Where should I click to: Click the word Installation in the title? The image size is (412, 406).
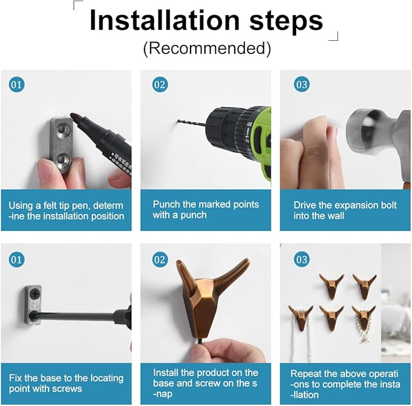coord(164,21)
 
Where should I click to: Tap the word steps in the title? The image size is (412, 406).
coord(286,22)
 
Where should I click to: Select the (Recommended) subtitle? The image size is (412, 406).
coord(207,48)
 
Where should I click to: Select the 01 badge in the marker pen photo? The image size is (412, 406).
coord(16,84)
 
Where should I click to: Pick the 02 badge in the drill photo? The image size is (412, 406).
coord(160,84)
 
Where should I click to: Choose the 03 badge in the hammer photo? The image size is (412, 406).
coord(302,84)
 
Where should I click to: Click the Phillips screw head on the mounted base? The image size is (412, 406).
coord(35,293)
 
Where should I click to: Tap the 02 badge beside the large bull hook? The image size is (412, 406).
coord(160,260)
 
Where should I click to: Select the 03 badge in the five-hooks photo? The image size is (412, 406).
coord(302,260)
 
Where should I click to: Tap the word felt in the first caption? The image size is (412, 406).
coord(49,205)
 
